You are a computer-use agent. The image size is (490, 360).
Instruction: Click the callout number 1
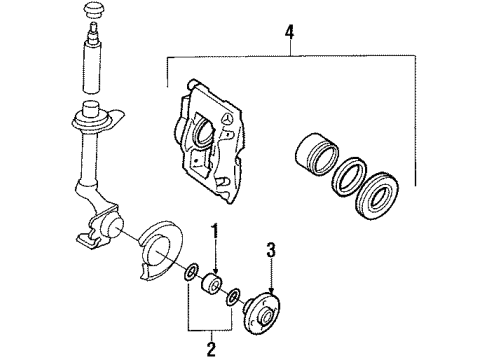[213, 235]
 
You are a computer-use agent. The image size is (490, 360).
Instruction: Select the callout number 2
[211, 347]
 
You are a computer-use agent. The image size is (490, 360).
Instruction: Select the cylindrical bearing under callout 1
[211, 288]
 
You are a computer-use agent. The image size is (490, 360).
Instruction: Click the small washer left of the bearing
[191, 272]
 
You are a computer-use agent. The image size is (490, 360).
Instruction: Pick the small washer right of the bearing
[232, 297]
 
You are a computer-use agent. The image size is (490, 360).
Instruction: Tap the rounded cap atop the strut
[95, 11]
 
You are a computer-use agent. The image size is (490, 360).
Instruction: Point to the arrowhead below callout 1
[213, 270]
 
